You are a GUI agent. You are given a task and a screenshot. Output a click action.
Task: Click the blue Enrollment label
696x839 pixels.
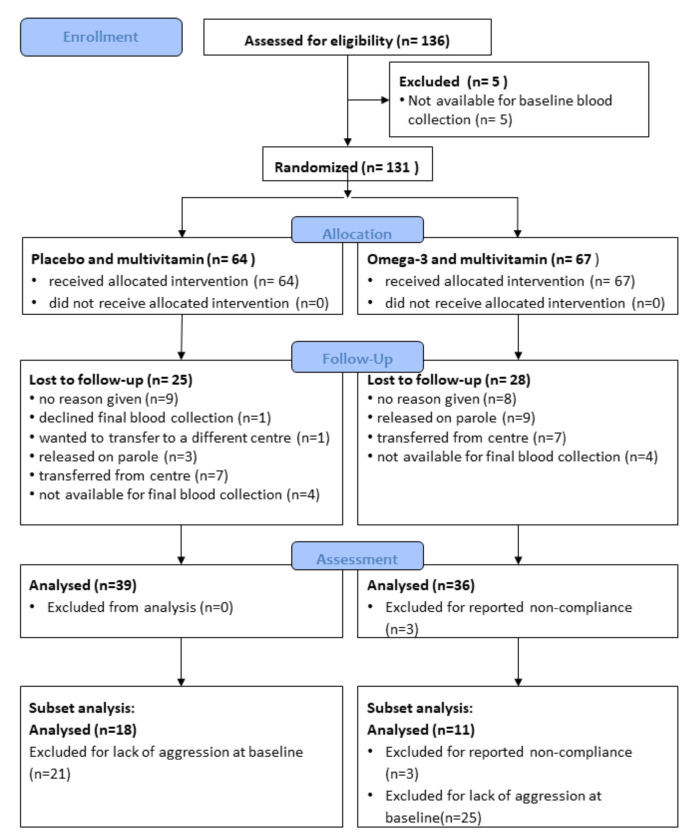[101, 37]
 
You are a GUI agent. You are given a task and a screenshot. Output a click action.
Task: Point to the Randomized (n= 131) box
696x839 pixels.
[347, 167]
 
